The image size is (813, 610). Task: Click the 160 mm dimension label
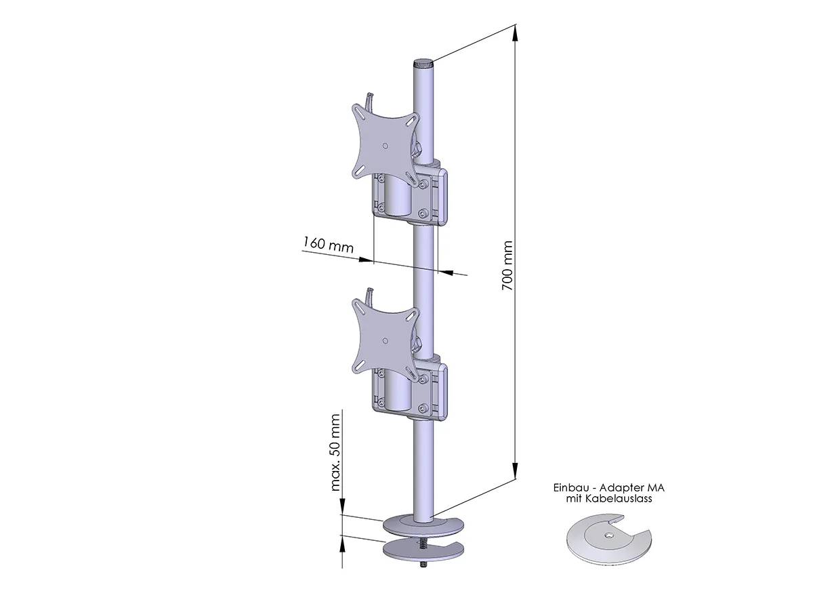click(x=328, y=245)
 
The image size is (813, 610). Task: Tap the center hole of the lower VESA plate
click(x=385, y=341)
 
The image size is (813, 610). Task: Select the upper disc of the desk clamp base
click(x=423, y=526)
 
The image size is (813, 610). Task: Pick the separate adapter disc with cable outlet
click(x=608, y=538)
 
